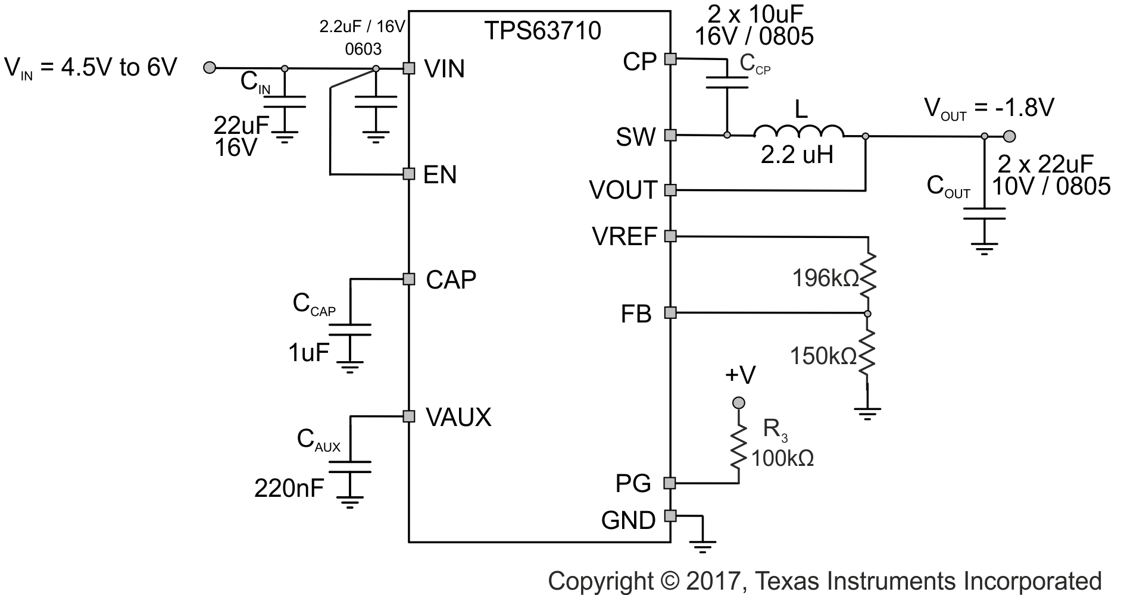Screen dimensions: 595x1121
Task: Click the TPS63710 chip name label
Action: pyautogui.click(x=541, y=31)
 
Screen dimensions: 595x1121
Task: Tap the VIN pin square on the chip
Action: pyautogui.click(x=408, y=68)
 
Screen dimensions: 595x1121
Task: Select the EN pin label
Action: pyautogui.click(x=439, y=175)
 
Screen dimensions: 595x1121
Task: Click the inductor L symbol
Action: pyautogui.click(x=799, y=131)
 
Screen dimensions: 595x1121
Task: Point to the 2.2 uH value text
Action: pyautogui.click(x=797, y=155)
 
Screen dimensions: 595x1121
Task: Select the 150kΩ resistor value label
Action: pyautogui.click(x=823, y=356)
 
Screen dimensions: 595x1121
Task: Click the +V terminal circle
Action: pyautogui.click(x=739, y=403)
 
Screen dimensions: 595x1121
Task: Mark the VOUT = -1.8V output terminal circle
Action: pyautogui.click(x=1009, y=137)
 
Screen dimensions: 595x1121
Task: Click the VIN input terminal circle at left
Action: pyautogui.click(x=209, y=68)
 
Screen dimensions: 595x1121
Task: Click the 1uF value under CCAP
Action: pyautogui.click(x=308, y=353)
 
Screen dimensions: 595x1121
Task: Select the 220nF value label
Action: pyautogui.click(x=289, y=488)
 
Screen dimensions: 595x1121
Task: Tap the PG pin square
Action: pyautogui.click(x=670, y=483)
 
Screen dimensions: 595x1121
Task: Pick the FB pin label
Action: pyautogui.click(x=636, y=314)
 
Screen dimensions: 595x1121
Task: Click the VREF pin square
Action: pyautogui.click(x=670, y=236)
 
